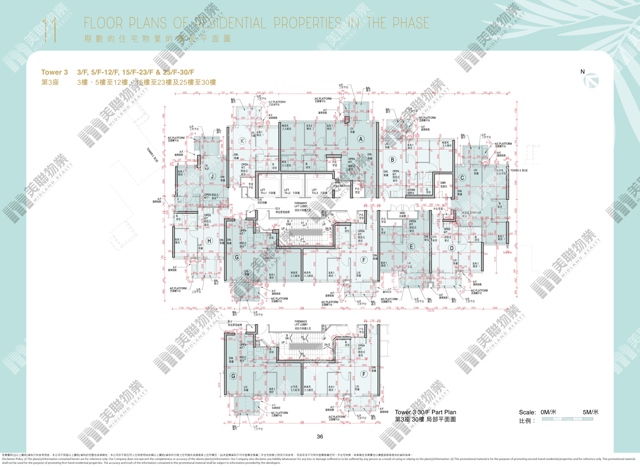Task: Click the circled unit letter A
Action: [361, 139]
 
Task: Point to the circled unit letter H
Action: [209, 241]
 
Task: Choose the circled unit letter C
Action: [462, 178]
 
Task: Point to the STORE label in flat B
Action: [411, 191]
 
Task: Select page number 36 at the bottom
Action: [320, 436]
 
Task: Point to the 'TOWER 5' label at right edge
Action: [519, 171]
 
